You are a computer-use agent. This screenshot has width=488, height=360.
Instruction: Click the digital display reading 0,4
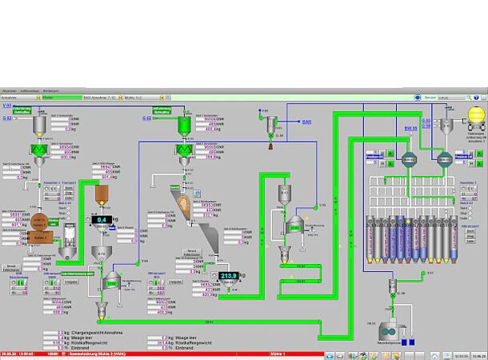[102, 218]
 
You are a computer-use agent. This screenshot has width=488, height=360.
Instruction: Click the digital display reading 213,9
[229, 275]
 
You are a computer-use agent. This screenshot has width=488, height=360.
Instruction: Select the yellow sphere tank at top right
[475, 114]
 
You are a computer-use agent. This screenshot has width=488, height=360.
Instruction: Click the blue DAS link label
[306, 122]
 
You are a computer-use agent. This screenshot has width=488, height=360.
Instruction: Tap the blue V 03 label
[6, 106]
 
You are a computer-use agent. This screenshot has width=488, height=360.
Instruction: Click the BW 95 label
[410, 128]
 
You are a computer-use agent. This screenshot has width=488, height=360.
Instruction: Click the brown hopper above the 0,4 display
[102, 193]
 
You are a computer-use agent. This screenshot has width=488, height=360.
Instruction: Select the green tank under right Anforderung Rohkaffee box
[183, 125]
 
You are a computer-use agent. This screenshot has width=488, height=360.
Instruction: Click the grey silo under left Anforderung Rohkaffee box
[38, 125]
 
